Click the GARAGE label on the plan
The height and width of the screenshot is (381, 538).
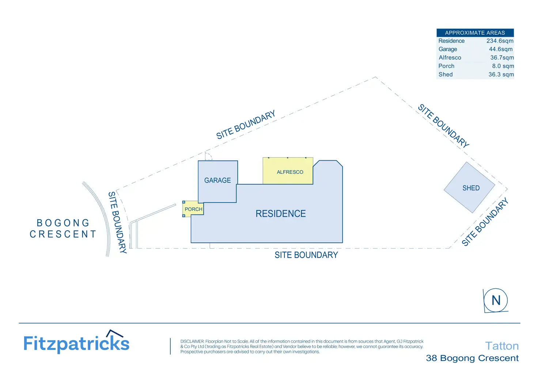217,180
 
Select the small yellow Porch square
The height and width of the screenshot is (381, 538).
193,209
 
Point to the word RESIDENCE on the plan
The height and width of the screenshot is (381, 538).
281,214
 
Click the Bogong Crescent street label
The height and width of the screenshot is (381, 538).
63,228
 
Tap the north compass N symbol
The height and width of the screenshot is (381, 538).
496,300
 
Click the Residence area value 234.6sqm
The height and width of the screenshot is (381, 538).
500,41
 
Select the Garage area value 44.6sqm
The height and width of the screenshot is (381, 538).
501,49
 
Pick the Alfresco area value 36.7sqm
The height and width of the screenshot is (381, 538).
502,57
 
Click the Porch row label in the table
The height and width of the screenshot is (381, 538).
446,66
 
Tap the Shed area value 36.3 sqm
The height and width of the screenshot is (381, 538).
501,74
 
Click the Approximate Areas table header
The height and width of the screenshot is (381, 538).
475,33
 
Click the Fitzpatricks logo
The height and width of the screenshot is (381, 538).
76,343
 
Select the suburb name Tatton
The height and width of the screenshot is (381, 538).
502,346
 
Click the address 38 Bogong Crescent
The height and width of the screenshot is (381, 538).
472,358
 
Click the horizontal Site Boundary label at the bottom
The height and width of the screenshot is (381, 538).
306,255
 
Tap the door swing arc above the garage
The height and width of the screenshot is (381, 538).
209,157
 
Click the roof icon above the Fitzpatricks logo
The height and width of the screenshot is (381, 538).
114,333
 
